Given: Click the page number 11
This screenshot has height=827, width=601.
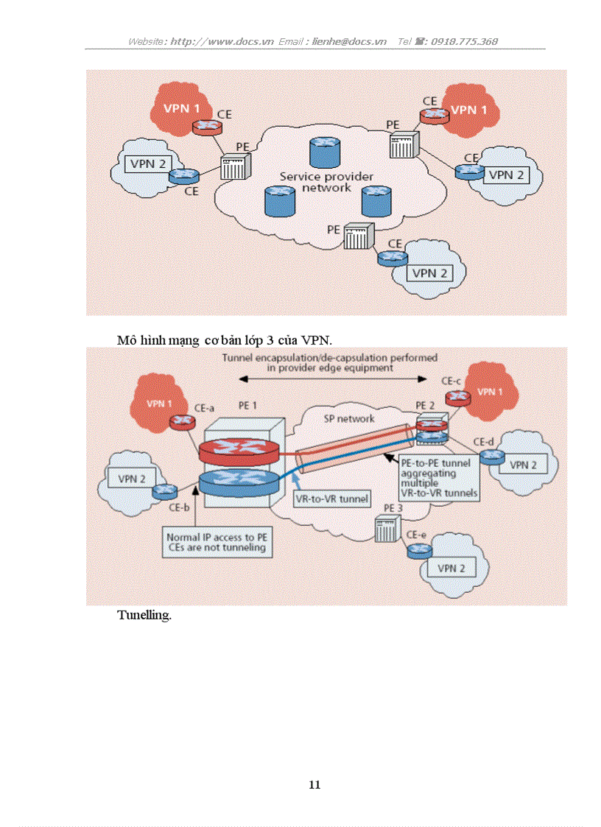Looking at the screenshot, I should click(314, 785).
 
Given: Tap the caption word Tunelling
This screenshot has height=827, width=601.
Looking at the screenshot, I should click(144, 615).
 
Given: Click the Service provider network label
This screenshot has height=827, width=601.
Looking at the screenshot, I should click(326, 182).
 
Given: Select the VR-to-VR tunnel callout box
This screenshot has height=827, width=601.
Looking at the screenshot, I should click(331, 499).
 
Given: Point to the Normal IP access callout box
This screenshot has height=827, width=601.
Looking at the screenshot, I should click(216, 543).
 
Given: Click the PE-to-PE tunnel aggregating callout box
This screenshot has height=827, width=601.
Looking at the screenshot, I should click(438, 477).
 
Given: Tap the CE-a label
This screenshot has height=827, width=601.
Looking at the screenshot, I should click(203, 407).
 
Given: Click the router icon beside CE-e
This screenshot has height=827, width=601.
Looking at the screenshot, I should click(419, 550).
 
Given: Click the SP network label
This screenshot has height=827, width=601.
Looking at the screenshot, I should click(349, 418).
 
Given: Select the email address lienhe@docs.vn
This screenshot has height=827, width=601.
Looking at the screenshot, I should click(349, 41).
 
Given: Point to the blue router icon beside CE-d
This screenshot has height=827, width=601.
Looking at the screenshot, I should click(491, 457).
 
